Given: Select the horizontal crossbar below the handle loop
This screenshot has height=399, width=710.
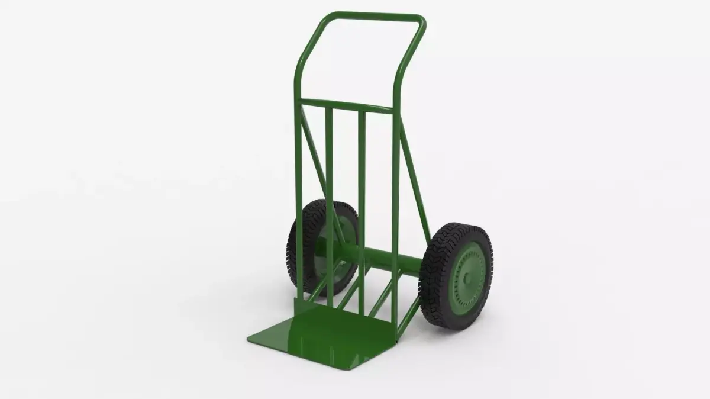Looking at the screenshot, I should tap(346, 103).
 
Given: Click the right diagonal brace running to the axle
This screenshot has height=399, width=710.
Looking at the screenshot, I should tap(414, 178).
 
